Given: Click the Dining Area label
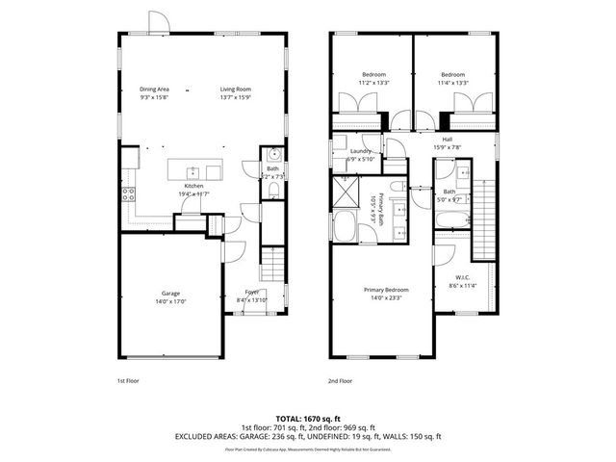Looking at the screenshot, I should tap(155, 89).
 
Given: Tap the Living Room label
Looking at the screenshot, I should tap(236, 89).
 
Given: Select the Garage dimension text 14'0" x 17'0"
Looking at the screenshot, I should tap(170, 301).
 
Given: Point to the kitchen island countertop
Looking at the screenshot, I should tap(193, 171).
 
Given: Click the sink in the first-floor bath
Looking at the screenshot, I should tap(272, 155).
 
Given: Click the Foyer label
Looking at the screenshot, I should tap(251, 292).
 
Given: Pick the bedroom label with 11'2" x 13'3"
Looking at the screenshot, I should tap(373, 75).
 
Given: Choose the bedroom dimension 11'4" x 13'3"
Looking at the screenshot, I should tap(452, 84).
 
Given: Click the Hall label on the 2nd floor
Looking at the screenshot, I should tap(447, 140).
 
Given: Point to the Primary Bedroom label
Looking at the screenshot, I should tap(385, 290).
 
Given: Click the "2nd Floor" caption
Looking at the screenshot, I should tap(340, 380).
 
